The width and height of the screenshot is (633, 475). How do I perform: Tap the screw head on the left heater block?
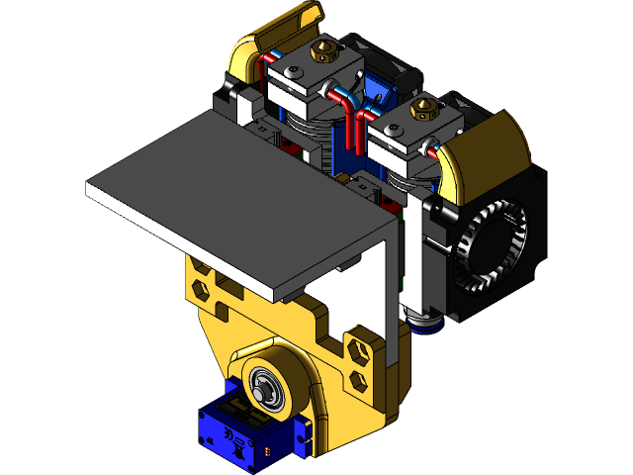[296, 70]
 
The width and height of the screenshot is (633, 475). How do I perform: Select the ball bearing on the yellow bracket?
[266, 383]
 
